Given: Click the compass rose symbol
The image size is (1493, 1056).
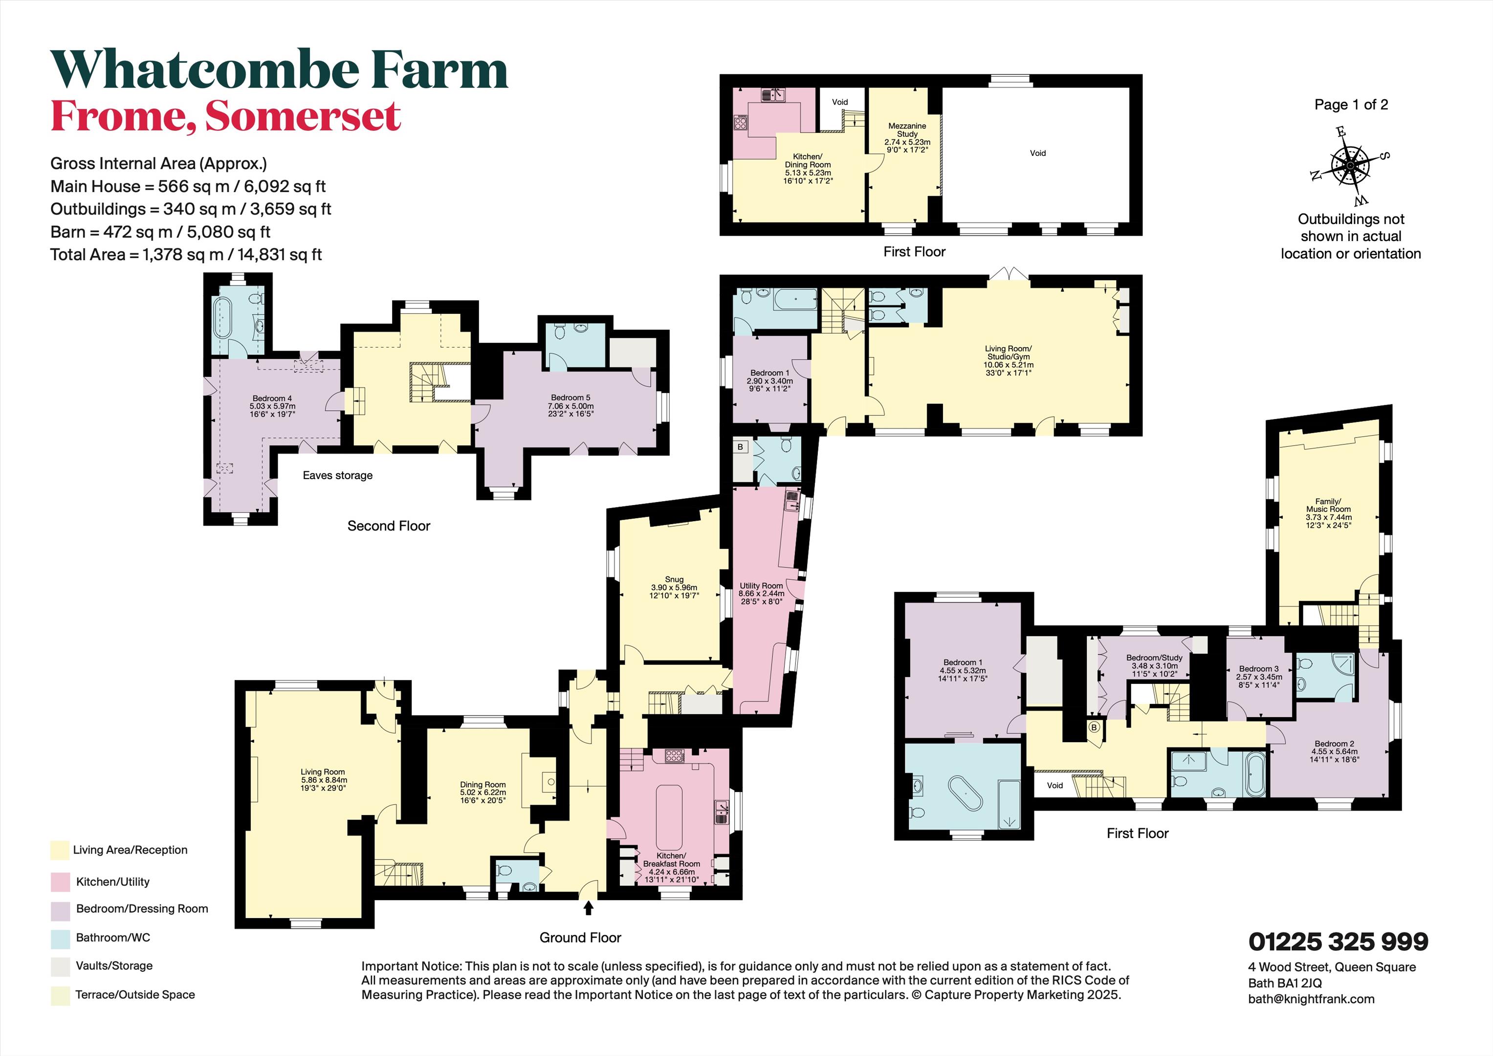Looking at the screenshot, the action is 1350,165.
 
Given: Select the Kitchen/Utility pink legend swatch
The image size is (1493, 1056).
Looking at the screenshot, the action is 60,882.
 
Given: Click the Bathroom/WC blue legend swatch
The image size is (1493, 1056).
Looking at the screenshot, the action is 60,938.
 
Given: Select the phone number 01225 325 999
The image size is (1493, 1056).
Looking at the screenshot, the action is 1338,942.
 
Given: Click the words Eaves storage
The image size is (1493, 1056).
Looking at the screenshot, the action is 337,475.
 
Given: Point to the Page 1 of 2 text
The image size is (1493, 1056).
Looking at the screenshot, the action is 1351,105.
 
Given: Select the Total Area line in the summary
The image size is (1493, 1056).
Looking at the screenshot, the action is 186,254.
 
